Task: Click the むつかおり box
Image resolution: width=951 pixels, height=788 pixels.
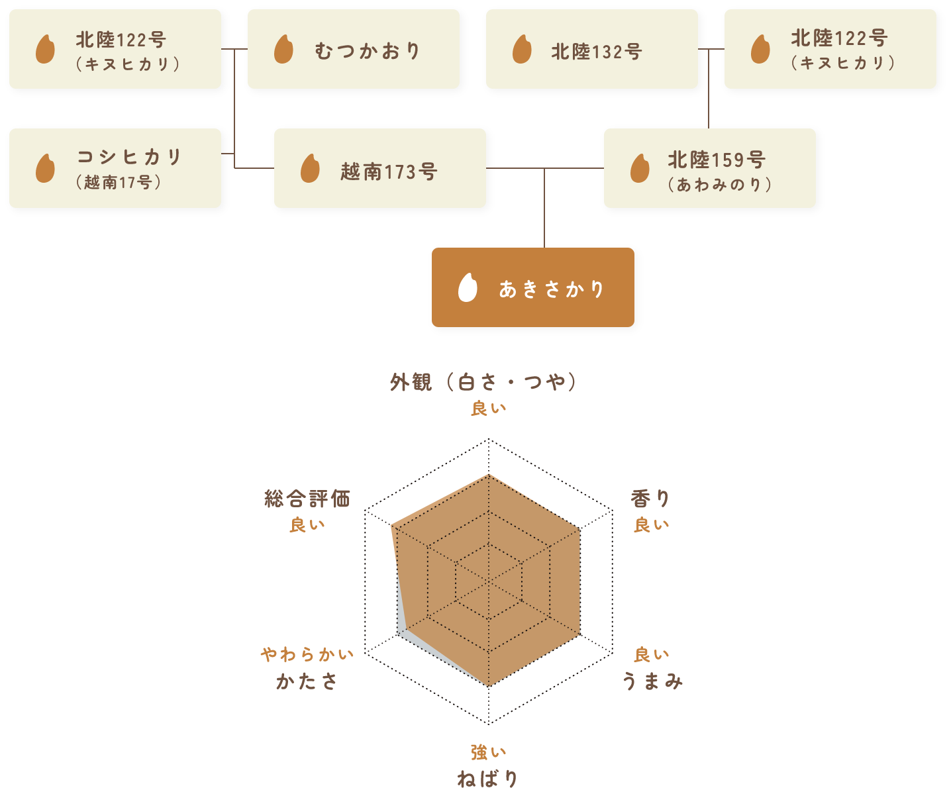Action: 353,49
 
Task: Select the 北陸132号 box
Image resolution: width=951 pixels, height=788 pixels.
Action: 591,49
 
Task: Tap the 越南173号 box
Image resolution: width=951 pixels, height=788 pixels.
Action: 379,168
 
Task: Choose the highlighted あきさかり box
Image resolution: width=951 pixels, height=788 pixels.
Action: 532,287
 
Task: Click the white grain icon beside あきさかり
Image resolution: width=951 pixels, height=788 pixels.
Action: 468,287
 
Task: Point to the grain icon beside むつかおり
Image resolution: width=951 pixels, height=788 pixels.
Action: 283,49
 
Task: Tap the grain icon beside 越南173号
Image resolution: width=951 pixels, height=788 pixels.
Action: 310,168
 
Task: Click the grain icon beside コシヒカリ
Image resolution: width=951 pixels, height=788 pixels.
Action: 45,168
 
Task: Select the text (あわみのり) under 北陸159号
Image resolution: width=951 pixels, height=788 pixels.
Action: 720,185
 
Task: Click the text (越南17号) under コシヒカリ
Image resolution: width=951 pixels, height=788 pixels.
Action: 119,182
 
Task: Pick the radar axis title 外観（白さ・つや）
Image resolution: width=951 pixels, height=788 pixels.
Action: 483,382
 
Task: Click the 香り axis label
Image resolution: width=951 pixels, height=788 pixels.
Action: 650,498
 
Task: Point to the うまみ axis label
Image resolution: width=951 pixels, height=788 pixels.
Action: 652,681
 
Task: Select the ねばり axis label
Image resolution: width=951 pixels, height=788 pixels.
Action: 487,778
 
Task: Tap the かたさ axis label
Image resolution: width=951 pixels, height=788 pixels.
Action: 307,681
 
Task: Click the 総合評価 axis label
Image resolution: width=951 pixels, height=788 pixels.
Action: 307,498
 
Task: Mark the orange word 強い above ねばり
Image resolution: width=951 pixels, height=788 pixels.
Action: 488,752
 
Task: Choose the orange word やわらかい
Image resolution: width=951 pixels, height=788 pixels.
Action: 307,654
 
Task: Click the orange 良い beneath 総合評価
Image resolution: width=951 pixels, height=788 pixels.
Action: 307,524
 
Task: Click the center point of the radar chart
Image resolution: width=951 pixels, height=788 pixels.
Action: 489,581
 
